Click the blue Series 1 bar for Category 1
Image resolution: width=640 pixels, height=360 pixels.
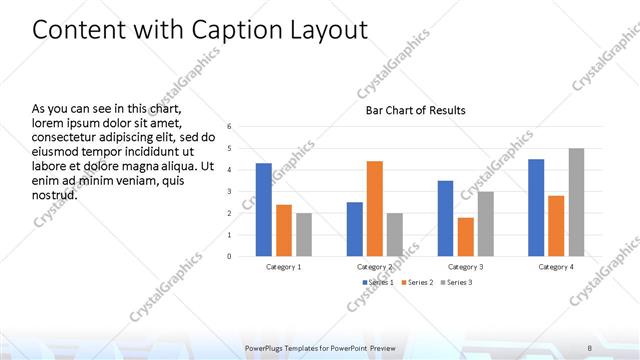(263, 209)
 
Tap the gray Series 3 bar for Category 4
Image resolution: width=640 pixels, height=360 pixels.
(576, 202)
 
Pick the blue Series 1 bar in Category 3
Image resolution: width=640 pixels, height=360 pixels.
(445, 218)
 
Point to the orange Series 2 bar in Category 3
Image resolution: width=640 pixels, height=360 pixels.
(465, 237)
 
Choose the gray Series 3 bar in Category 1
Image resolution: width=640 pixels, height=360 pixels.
(303, 234)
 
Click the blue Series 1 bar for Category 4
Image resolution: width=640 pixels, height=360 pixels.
(536, 207)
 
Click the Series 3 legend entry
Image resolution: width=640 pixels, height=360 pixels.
(457, 283)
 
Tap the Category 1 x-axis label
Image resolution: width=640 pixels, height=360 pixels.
(284, 267)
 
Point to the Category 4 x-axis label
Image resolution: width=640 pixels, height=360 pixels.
(556, 267)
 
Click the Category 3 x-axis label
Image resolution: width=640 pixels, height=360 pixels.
(465, 267)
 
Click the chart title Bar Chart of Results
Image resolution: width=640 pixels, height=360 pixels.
(415, 110)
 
